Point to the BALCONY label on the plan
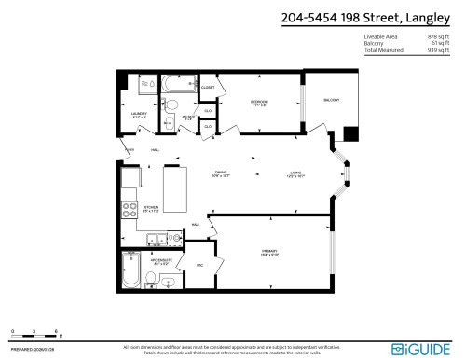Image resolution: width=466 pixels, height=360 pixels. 332,100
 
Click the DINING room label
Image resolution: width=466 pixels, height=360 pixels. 221,173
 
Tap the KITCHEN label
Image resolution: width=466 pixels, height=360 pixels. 149,209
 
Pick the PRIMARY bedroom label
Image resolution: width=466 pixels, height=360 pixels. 271,252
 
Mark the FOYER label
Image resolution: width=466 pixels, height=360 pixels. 130,149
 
